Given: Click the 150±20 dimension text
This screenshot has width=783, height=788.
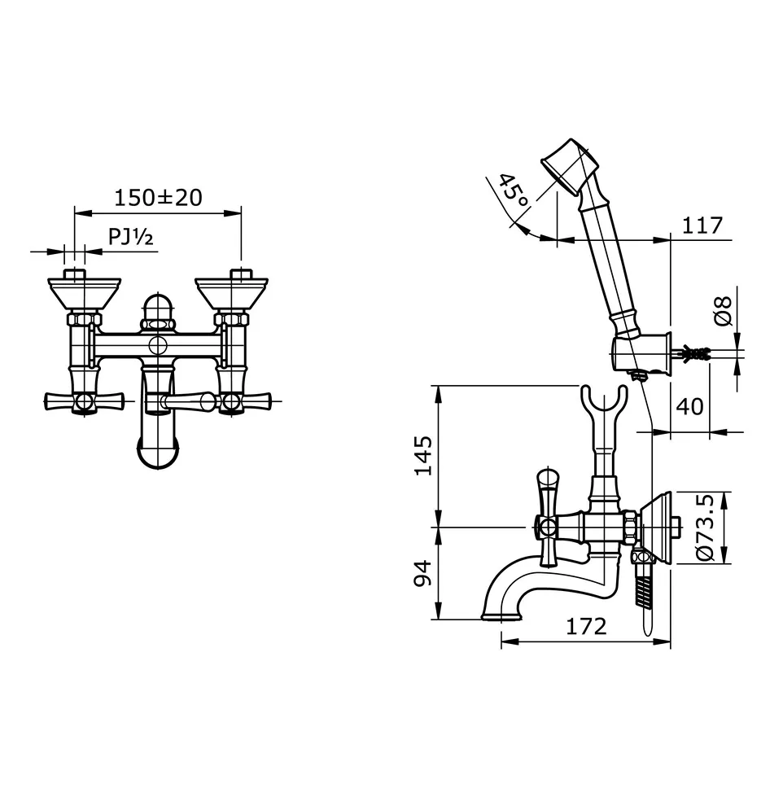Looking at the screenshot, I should [x=158, y=197].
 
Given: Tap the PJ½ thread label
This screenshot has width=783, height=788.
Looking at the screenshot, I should [x=130, y=237].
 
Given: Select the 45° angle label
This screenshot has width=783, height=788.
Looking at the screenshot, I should [x=512, y=194].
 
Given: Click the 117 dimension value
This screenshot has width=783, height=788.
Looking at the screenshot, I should [x=702, y=225].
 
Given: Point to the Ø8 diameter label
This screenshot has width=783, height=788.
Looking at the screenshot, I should [x=723, y=311].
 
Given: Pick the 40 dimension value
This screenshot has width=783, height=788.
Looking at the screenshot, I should [x=690, y=405].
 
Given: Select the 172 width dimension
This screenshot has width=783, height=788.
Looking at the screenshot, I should [x=587, y=627].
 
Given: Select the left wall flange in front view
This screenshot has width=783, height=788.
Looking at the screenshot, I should [x=84, y=291].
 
